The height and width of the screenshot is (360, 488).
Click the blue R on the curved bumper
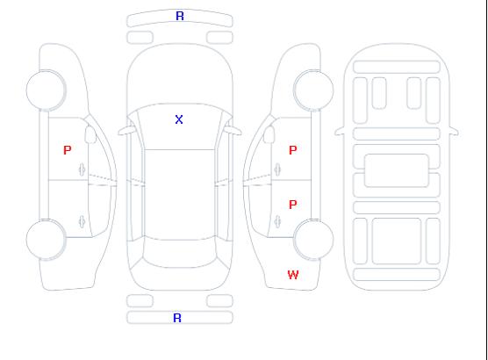[x=180, y=16]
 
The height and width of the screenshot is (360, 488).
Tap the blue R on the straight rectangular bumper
[x=177, y=318]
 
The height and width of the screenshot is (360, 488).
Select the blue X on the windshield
[x=179, y=119]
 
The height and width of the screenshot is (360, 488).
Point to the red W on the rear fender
[x=293, y=275]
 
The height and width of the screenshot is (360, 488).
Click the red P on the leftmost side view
[x=68, y=150]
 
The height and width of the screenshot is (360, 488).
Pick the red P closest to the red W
[x=293, y=205]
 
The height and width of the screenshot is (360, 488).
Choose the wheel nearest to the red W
[x=313, y=239]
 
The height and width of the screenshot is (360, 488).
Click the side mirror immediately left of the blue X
[x=126, y=131]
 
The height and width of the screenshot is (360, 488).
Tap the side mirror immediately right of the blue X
[x=233, y=131]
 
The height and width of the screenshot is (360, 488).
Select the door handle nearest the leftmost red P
[x=82, y=169]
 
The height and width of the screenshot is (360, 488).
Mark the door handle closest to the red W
[x=277, y=221]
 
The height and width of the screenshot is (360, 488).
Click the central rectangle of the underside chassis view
[x=397, y=170]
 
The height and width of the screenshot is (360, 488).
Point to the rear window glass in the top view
[x=180, y=253]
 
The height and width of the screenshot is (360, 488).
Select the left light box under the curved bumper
[x=140, y=38]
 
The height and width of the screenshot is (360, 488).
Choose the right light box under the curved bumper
[x=219, y=38]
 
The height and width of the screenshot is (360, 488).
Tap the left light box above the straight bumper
[x=140, y=301]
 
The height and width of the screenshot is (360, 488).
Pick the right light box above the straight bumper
[x=219, y=301]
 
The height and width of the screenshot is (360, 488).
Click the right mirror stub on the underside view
[x=454, y=131]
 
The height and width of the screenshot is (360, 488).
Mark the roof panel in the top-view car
[x=180, y=195]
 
